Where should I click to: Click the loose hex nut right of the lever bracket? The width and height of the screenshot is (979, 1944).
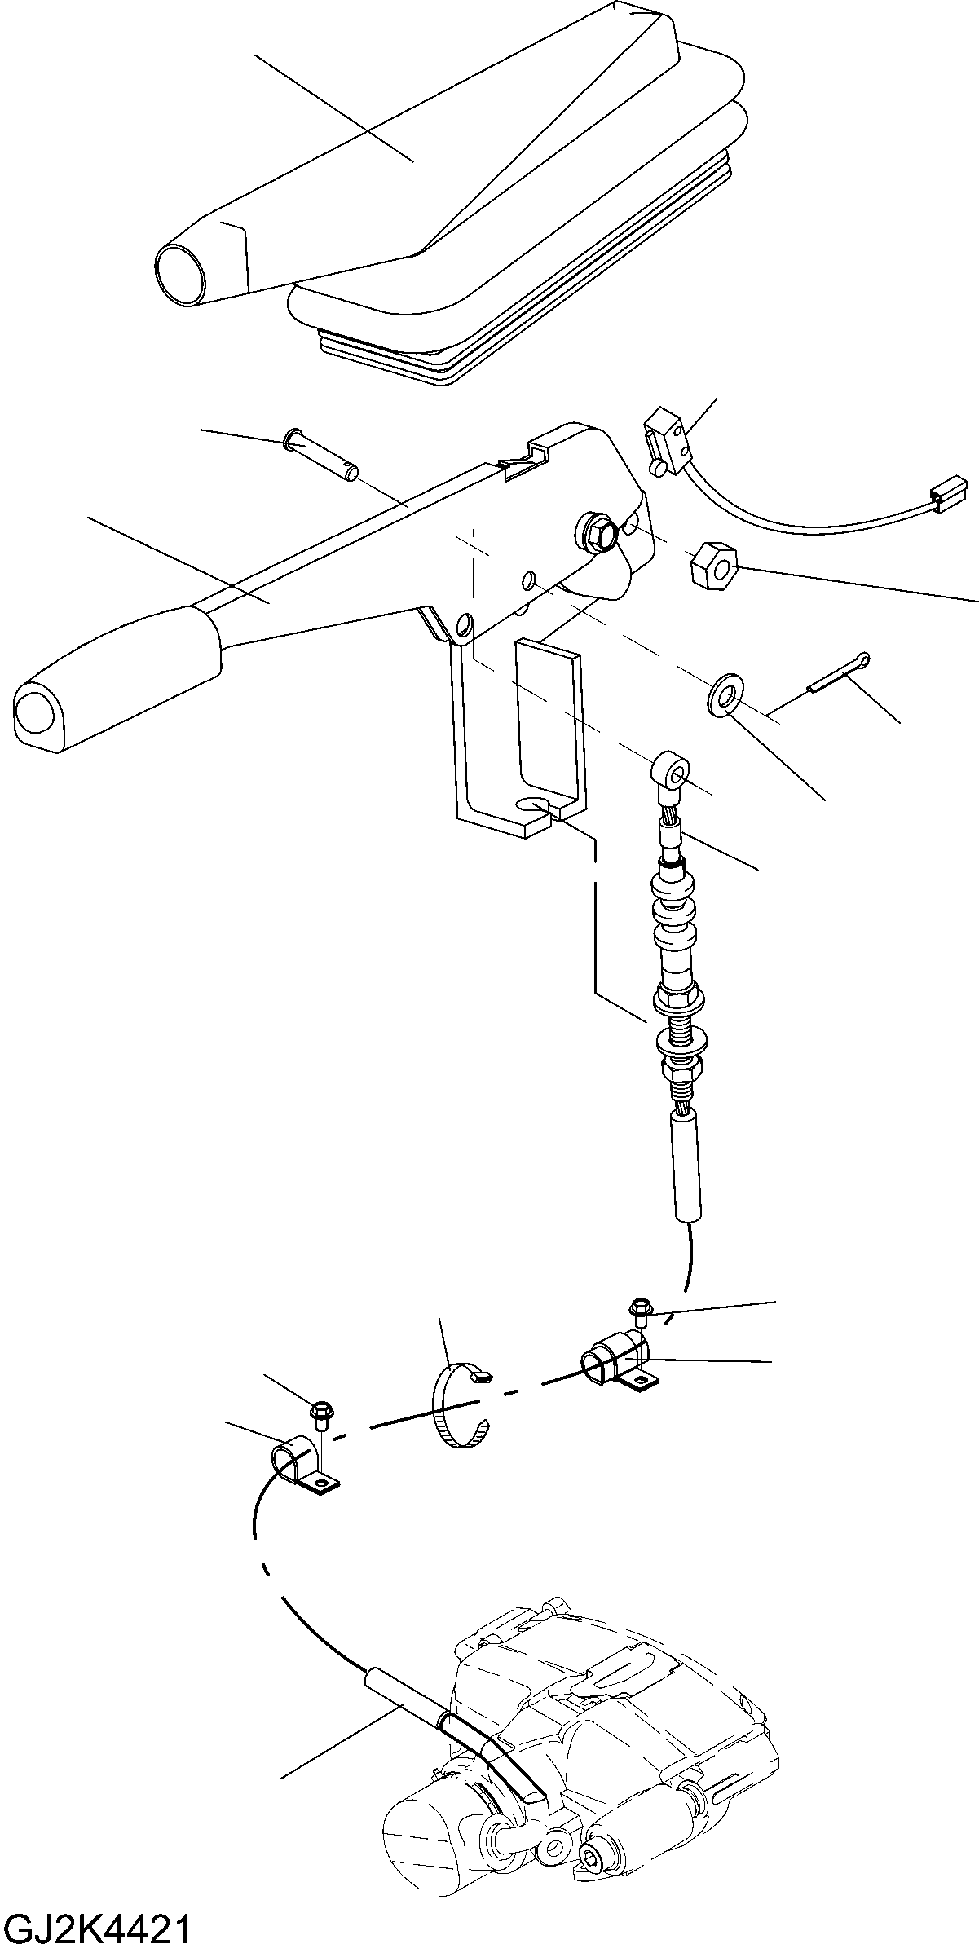point(713,565)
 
